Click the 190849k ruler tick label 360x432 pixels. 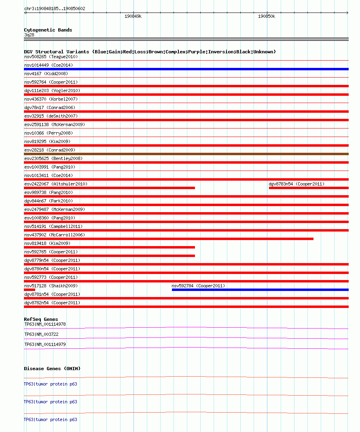point(133,16)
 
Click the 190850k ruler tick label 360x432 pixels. point(267,16)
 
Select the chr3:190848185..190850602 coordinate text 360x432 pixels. point(55,8)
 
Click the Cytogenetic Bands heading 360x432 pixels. point(48,30)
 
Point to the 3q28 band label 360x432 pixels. point(29,35)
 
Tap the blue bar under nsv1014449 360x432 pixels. point(186,69)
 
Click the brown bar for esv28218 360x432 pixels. point(186,154)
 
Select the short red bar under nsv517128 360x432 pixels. point(30,290)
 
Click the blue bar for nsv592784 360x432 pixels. point(260,290)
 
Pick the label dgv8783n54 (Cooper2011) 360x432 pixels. point(296,184)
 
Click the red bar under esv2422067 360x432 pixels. point(109,188)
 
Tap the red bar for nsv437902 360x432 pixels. point(169,239)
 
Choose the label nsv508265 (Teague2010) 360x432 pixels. point(51,57)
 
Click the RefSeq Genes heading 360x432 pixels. point(41,319)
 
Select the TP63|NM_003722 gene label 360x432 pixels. point(41,334)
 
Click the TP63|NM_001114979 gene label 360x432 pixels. point(45,344)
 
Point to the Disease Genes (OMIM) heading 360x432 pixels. point(52,369)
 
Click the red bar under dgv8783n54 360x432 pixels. point(309,188)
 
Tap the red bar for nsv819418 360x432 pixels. point(109,247)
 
